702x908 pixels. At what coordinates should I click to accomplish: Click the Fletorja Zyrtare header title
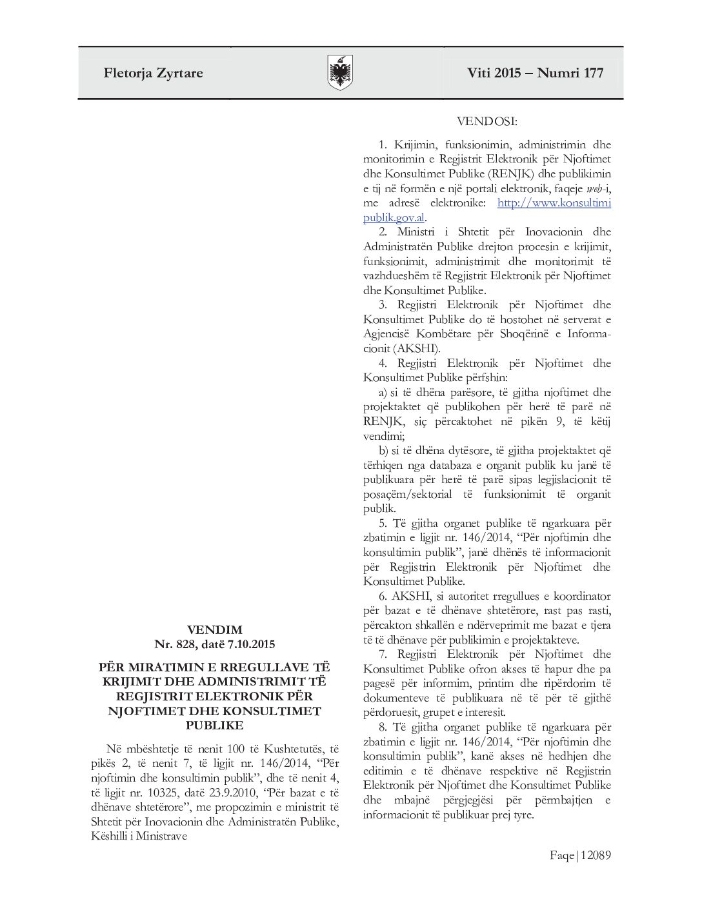tap(153, 73)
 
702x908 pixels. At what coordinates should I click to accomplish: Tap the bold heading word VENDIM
tap(215, 629)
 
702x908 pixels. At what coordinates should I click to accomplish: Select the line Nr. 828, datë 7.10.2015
tap(214, 644)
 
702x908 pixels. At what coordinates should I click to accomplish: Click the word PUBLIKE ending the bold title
tap(215, 725)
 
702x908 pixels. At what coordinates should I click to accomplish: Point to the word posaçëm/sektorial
tap(408, 494)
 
